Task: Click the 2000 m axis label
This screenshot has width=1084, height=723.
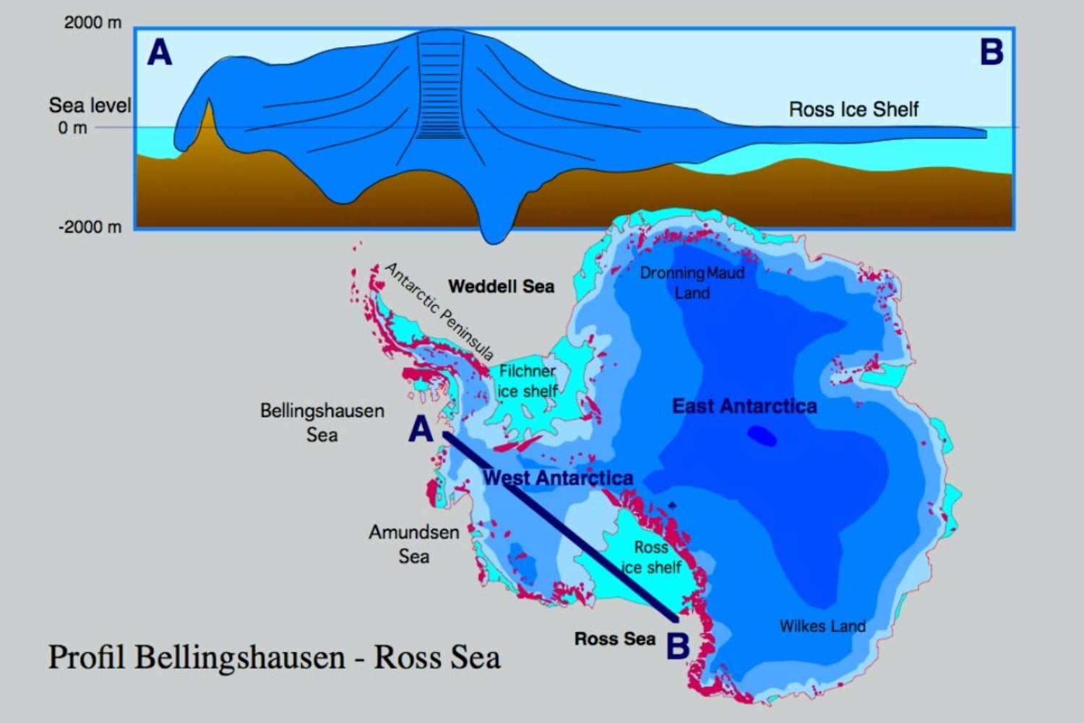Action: pos(93,22)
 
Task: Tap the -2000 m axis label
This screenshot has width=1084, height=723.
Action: pos(90,227)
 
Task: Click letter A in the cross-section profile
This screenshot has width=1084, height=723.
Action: pos(160,53)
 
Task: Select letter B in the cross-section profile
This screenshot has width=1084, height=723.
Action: pos(991,52)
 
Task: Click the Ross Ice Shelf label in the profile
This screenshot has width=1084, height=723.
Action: pos(853,109)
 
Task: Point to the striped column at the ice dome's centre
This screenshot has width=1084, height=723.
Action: pos(440,87)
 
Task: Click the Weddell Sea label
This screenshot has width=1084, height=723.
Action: pos(501,286)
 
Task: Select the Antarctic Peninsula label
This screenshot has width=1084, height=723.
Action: pos(439,311)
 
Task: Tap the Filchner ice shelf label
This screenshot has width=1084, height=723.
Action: pos(528,381)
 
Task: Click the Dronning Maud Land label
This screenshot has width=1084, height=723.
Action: pos(692,283)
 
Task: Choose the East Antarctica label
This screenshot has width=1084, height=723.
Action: pos(744,406)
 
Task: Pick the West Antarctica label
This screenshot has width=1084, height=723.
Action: pos(558,478)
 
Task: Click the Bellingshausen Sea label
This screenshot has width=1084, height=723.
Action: pos(322,422)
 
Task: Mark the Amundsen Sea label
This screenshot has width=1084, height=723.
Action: pos(413,544)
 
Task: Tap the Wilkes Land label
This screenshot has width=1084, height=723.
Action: pos(822,626)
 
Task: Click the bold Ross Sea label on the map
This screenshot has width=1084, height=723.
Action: pos(614,639)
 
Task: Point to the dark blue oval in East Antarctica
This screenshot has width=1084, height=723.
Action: pos(762,435)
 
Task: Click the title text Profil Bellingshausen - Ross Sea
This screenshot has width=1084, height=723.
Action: pos(274,657)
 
